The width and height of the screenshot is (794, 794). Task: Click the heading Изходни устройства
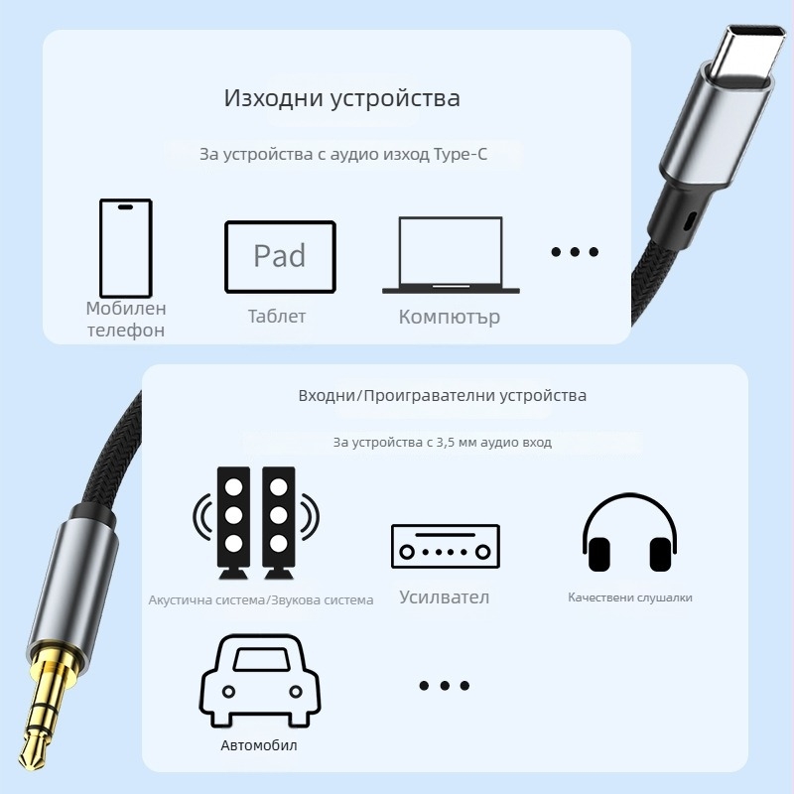[x=341, y=99]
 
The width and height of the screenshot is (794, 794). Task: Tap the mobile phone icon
[x=125, y=245]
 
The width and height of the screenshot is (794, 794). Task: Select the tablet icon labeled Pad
[x=280, y=256]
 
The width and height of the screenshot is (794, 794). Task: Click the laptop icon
[x=451, y=255]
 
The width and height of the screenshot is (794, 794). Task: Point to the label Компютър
[x=450, y=318]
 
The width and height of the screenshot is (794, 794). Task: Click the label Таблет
[x=277, y=317]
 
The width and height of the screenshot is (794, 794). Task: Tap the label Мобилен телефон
[x=126, y=320]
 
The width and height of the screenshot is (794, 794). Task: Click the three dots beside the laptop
[x=575, y=252]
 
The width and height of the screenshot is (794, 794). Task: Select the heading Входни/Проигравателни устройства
[x=443, y=396]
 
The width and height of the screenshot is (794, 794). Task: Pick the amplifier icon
[x=445, y=547]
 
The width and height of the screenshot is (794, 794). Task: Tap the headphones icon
[x=629, y=534]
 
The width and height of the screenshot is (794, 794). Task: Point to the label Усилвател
[x=445, y=597]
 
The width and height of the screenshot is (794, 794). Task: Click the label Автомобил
[x=259, y=745]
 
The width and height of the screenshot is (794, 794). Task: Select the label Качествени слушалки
[x=630, y=597]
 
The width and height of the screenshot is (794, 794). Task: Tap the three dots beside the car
[x=444, y=686]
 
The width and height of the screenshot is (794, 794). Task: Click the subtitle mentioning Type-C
[x=343, y=155]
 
